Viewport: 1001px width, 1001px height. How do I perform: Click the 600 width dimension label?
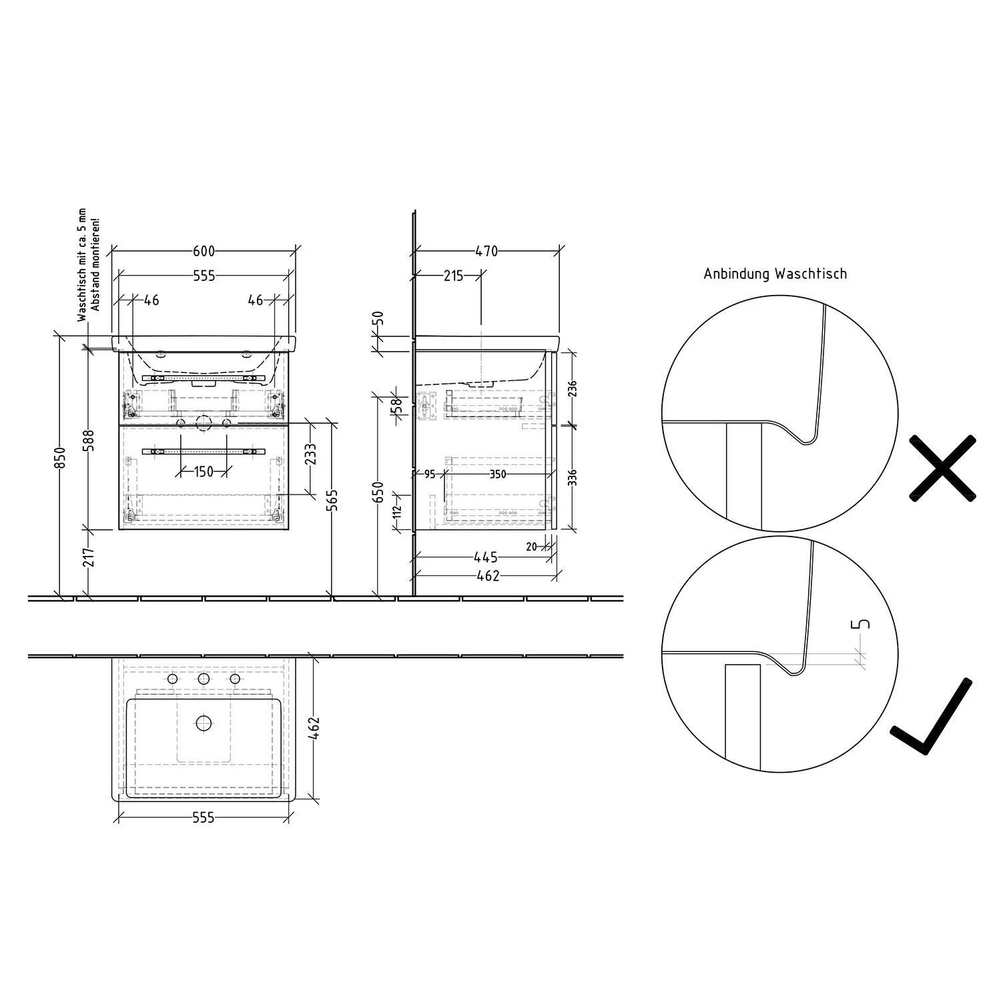(x=204, y=251)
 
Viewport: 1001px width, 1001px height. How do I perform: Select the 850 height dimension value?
(x=60, y=457)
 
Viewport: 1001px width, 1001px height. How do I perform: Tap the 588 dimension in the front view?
(x=89, y=440)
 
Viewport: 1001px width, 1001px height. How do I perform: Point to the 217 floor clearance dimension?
(x=89, y=557)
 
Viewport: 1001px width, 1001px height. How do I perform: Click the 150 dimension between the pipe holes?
(x=204, y=472)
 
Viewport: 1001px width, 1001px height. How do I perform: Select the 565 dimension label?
(x=334, y=500)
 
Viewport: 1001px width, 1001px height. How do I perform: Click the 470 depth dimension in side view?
(x=486, y=251)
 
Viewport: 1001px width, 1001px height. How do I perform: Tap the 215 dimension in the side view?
(x=453, y=275)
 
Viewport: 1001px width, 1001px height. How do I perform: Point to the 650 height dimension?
(x=378, y=492)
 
